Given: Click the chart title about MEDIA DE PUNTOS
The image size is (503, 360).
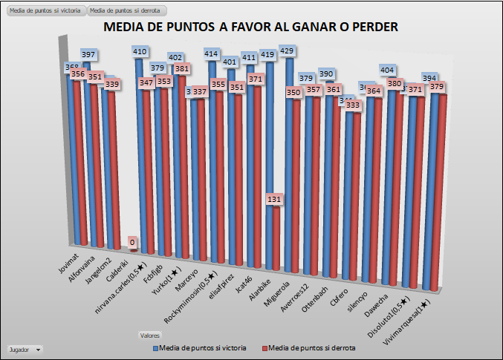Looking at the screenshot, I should tap(251, 27).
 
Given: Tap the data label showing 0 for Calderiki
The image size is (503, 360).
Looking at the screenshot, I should tap(132, 242).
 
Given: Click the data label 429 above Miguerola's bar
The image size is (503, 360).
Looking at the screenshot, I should tap(288, 51).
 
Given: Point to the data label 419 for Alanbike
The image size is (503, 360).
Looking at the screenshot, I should tap(268, 54).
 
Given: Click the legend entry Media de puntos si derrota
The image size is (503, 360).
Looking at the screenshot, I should tap(307, 347).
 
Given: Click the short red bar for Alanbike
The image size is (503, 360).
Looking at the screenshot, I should tap(276, 238).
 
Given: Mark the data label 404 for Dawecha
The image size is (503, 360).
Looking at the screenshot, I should tap(386, 70).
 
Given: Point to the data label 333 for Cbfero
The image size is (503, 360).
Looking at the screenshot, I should tap(352, 105).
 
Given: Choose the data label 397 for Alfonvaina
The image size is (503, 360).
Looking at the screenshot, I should tap(88, 55).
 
